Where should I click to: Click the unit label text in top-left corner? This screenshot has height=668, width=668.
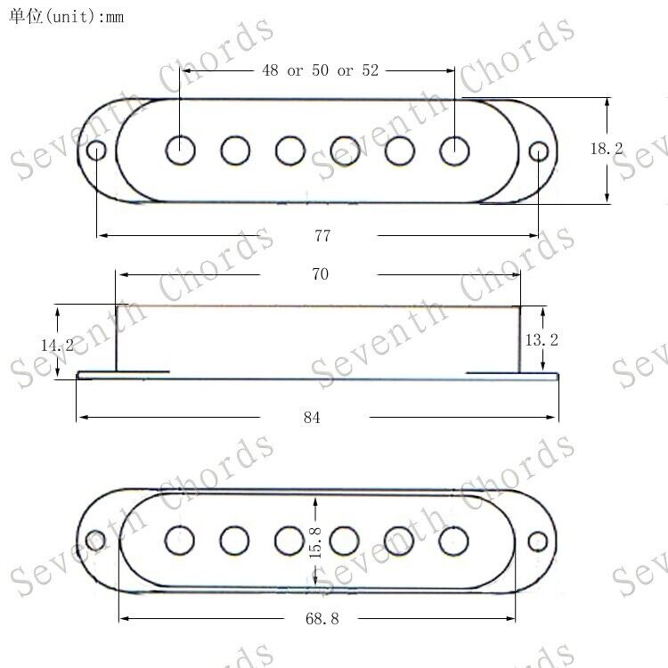pyautogui.click(x=67, y=16)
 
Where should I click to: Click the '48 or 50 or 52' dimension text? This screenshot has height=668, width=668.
pyautogui.click(x=320, y=71)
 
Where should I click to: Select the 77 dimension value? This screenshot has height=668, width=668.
pyautogui.click(x=322, y=235)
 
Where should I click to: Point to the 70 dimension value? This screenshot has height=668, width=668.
pyautogui.click(x=320, y=274)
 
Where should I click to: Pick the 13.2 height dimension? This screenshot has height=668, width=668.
pyautogui.click(x=542, y=339)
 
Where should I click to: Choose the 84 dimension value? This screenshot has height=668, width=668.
pyautogui.click(x=312, y=418)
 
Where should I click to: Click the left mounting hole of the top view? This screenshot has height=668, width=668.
pyautogui.click(x=96, y=151)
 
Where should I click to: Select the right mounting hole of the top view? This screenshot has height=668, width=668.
pyautogui.click(x=538, y=151)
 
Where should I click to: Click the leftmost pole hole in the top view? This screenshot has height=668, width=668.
pyautogui.click(x=181, y=151)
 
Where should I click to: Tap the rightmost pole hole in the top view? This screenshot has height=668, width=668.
pyautogui.click(x=455, y=151)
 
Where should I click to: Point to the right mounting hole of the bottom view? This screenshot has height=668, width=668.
pyautogui.click(x=537, y=541)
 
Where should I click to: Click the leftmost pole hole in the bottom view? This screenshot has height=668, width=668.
pyautogui.click(x=180, y=540)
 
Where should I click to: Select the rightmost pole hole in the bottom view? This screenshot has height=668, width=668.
pyautogui.click(x=454, y=540)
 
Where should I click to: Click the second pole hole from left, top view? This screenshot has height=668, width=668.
pyautogui.click(x=235, y=151)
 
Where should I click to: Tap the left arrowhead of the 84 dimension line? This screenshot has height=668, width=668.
pyautogui.click(x=81, y=418)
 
